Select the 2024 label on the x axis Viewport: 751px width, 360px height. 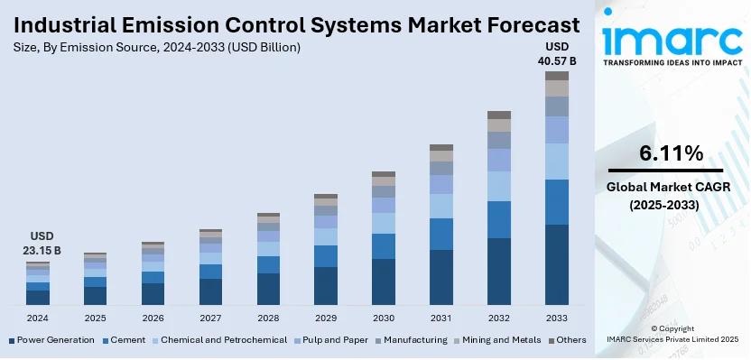38,318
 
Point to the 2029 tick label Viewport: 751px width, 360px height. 326,318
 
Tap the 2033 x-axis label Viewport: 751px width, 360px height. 557,318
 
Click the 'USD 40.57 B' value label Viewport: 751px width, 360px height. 557,53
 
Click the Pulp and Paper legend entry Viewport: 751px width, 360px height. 333,340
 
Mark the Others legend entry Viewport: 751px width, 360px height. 569,340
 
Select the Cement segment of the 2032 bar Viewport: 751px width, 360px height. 499,219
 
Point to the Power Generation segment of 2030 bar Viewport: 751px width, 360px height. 384,282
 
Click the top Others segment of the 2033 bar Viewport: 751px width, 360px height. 557,76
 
